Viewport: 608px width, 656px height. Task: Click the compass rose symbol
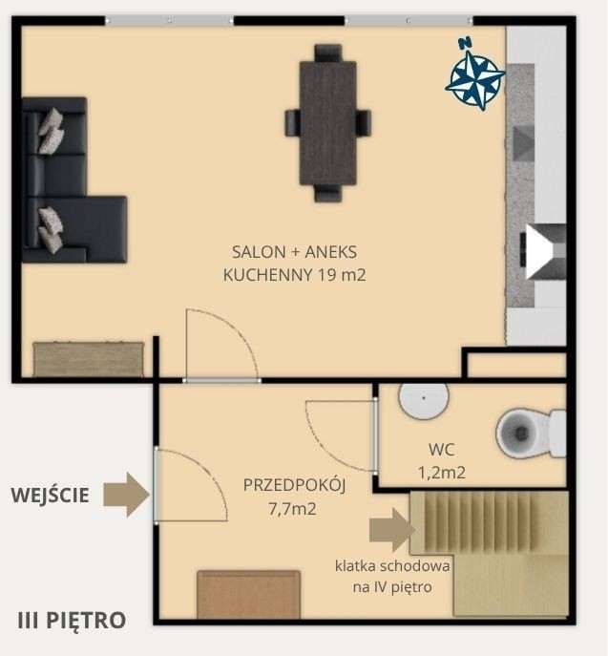click(x=475, y=76)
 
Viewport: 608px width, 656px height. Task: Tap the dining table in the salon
click(x=327, y=123)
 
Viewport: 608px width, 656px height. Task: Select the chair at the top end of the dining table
click(x=327, y=53)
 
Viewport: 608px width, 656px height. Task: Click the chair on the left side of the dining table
click(x=292, y=122)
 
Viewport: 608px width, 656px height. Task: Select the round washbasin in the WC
click(x=424, y=399)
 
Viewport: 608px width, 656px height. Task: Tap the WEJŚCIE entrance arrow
click(x=126, y=495)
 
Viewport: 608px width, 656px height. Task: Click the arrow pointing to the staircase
click(x=392, y=530)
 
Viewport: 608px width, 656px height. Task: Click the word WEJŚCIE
click(x=50, y=495)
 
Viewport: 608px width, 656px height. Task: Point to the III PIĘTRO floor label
click(x=72, y=620)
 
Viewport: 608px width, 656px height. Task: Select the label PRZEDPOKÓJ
click(x=294, y=485)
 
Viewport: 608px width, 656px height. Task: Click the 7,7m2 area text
click(x=292, y=509)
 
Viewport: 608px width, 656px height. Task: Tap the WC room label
click(x=442, y=450)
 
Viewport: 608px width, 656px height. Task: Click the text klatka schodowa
click(x=392, y=566)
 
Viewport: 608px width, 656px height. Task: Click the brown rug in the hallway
click(x=249, y=595)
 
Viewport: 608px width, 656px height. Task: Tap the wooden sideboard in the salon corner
click(x=89, y=359)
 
